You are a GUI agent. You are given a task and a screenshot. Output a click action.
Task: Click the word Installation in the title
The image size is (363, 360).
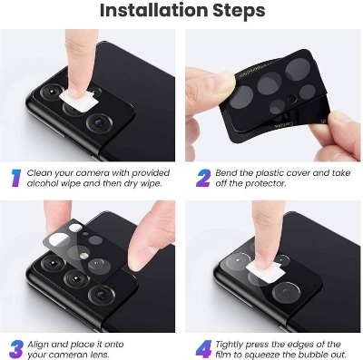[x=149, y=12]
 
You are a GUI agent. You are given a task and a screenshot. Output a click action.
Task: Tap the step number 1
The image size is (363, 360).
[x=16, y=176]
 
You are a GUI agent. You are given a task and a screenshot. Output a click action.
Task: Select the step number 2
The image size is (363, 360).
[x=201, y=176]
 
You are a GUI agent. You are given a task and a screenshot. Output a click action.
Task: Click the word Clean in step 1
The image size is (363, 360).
[x=45, y=170]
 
